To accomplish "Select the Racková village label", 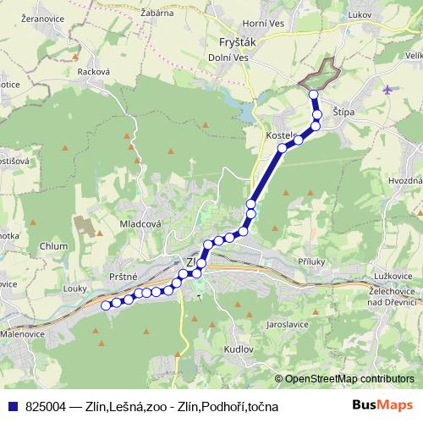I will pyautogui.click(x=94, y=73).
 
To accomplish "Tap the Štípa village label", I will pyautogui.click(x=343, y=111).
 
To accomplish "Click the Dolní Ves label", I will pyautogui.click(x=227, y=58).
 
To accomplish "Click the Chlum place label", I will pyautogui.click(x=52, y=246).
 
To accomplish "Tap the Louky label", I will pyautogui.click(x=74, y=288).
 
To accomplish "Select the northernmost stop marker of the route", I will pyautogui.click(x=314, y=95).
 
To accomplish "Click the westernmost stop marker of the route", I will pyautogui.click(x=106, y=305).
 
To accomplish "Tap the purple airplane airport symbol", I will pyautogui.click(x=387, y=90).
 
